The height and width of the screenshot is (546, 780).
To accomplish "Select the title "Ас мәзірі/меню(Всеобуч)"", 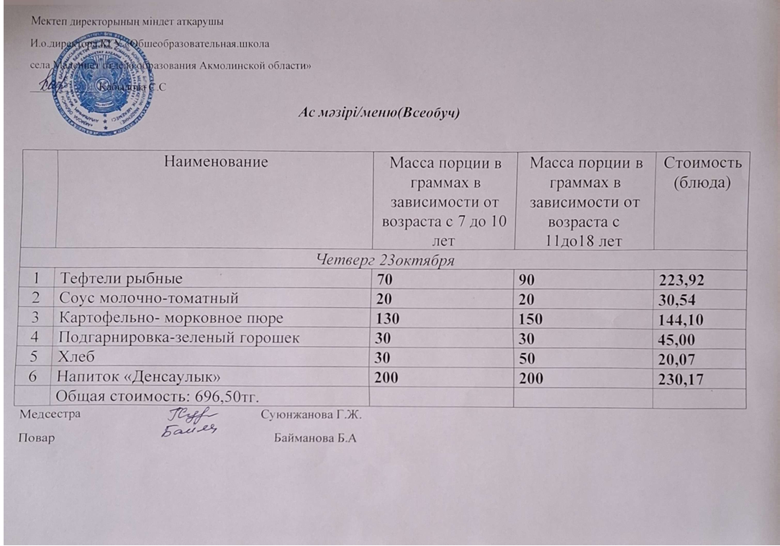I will point(378,113).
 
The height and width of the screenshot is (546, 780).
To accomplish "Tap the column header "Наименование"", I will point(216,162).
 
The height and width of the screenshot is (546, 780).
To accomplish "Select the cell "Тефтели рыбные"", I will point(122,278).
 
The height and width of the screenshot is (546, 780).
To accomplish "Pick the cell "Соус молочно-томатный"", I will point(150,297).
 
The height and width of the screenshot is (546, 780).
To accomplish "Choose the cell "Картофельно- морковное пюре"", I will point(171,317).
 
